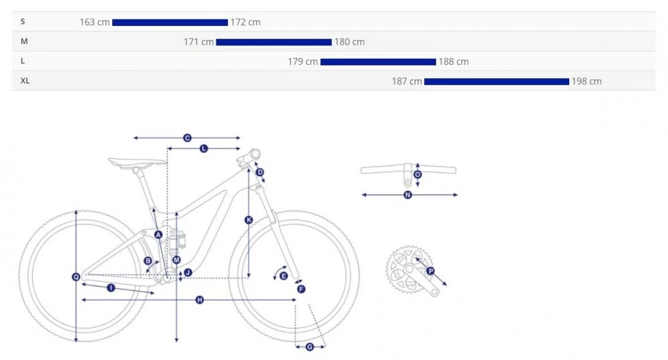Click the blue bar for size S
point(170,23)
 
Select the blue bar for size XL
point(497,81)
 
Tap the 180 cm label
point(349,42)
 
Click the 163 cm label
point(95,22)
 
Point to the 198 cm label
point(587,81)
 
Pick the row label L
point(23,61)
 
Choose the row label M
point(24,41)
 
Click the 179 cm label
point(303,61)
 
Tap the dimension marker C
point(187,138)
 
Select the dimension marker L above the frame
point(204,149)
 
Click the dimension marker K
point(248,220)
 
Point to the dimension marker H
point(199,300)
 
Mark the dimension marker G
point(310,347)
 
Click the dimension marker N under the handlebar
point(407,195)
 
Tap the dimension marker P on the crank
point(430,271)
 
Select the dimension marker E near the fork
point(283,276)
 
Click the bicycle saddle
point(137,162)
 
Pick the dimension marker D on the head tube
point(260,172)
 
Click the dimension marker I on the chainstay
point(111,288)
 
